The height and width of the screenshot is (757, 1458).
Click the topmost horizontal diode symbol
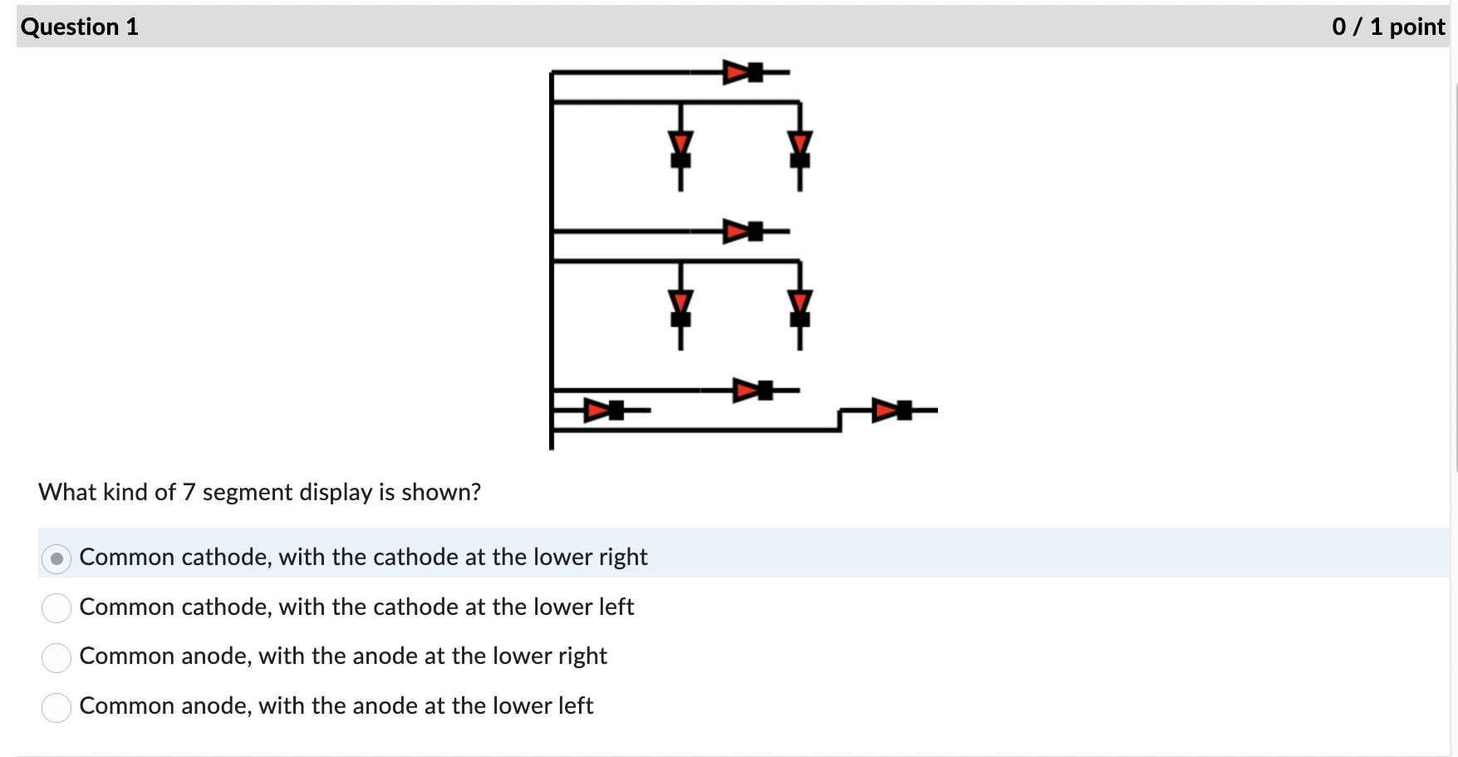point(743,72)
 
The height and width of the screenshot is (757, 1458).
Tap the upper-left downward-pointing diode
point(680,147)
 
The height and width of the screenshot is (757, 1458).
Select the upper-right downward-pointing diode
point(799,147)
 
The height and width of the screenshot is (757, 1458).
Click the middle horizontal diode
point(743,231)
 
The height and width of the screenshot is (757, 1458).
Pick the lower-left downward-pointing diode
point(680,307)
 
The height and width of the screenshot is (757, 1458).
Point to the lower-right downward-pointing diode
point(799,307)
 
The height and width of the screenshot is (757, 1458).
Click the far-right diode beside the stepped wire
point(892,410)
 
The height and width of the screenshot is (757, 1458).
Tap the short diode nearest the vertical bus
point(604,410)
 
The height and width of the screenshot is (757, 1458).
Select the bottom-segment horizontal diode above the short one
point(753,390)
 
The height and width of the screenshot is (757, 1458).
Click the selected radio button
point(56,558)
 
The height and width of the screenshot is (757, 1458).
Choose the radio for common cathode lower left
point(56,608)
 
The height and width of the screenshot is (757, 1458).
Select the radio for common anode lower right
point(56,657)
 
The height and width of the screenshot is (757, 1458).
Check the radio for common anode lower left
point(56,707)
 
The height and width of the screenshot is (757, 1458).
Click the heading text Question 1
point(80,27)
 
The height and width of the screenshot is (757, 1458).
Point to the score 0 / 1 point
point(1387,27)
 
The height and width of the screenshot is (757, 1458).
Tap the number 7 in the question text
point(189,493)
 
